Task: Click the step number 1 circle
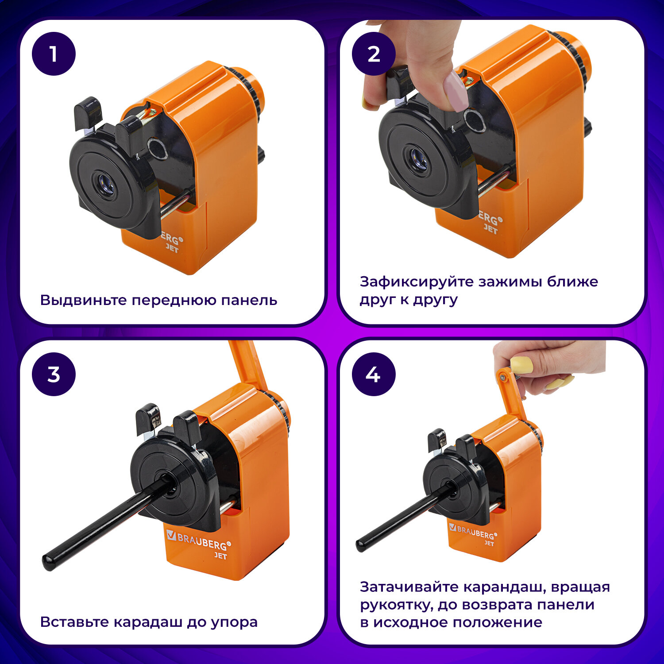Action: coord(54,54)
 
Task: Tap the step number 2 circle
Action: coord(374,54)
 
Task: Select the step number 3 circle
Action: coord(54,374)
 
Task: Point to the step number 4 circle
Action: coord(374,374)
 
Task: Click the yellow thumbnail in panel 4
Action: coord(521,365)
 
